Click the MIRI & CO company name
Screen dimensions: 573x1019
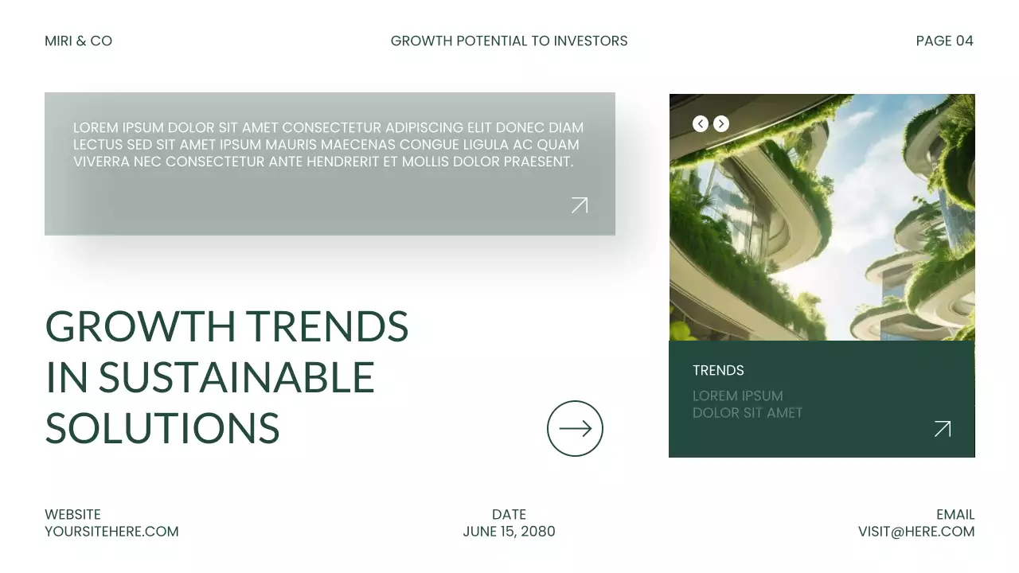click(x=78, y=41)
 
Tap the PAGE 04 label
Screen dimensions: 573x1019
click(x=944, y=41)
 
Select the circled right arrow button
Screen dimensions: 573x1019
click(x=575, y=428)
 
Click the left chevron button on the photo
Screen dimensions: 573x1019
click(x=701, y=123)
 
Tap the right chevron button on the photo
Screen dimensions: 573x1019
click(x=721, y=123)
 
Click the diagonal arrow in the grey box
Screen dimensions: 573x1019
click(x=580, y=205)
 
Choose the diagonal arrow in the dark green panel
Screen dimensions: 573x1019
click(x=943, y=429)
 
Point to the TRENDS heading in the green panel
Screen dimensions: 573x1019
click(x=718, y=370)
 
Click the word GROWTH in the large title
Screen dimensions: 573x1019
click(x=140, y=326)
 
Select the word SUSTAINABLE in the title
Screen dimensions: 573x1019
click(x=236, y=377)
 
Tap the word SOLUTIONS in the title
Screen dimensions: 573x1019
click(x=162, y=428)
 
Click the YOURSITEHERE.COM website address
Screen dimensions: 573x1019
click(x=111, y=532)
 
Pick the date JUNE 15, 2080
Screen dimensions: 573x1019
click(x=509, y=532)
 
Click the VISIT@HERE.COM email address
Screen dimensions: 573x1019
click(x=916, y=532)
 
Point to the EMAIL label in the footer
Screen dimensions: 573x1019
click(x=955, y=514)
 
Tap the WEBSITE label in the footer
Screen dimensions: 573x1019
click(x=72, y=514)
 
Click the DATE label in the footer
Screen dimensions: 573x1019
click(x=509, y=514)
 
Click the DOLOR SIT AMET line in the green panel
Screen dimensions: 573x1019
click(x=748, y=413)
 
